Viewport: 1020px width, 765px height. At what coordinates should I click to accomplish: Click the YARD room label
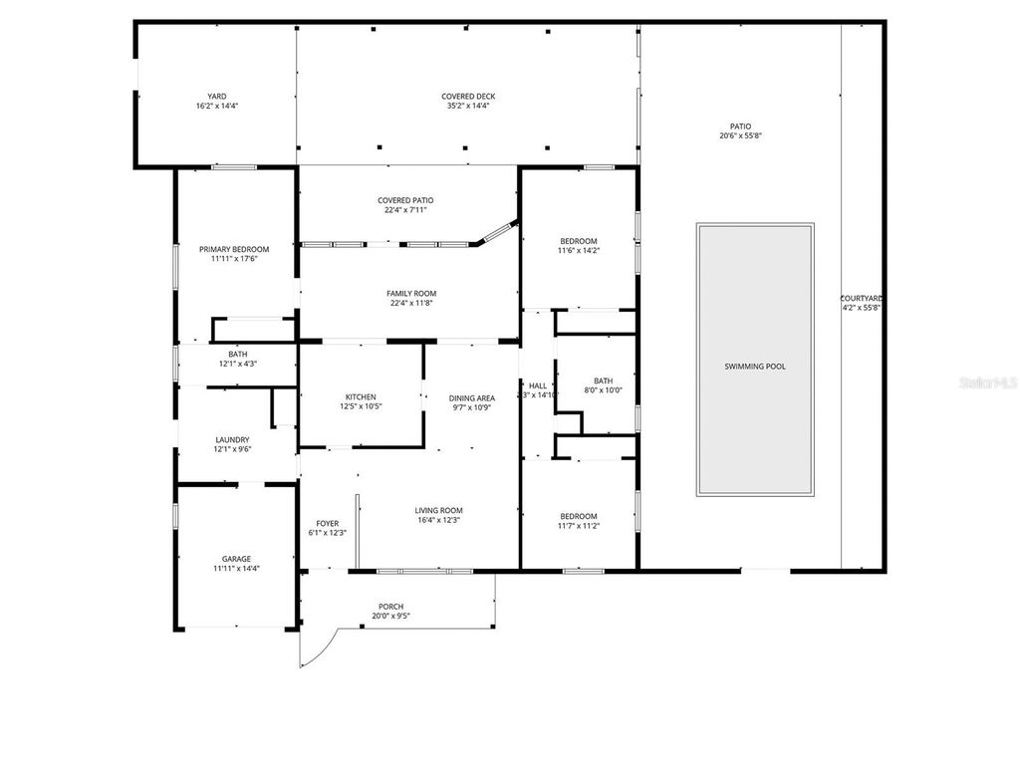216,97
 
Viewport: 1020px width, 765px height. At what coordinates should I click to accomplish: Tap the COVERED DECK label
468,97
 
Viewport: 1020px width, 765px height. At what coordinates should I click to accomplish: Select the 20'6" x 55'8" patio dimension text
740,136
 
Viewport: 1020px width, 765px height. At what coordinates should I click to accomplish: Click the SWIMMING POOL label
754,367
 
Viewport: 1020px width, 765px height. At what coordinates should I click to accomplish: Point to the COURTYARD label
862,298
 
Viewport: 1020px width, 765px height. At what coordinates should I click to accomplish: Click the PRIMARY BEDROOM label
234,249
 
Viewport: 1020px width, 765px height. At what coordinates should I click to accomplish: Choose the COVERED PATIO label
405,200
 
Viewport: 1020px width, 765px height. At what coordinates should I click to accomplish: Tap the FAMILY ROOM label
411,294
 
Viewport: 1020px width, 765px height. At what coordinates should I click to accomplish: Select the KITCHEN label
361,396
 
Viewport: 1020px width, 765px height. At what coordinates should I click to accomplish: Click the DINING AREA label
472,398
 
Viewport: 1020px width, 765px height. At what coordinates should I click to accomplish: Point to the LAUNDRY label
232,439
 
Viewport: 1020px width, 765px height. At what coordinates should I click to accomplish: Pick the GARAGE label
236,559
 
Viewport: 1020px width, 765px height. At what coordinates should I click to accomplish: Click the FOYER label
328,523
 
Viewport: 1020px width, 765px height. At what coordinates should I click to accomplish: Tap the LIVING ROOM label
439,510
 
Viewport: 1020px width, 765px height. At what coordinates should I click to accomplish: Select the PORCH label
391,607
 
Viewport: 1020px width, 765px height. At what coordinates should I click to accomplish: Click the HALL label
538,385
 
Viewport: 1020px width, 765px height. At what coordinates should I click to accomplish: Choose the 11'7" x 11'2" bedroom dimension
578,526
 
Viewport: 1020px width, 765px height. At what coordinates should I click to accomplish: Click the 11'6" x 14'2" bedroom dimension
578,251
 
